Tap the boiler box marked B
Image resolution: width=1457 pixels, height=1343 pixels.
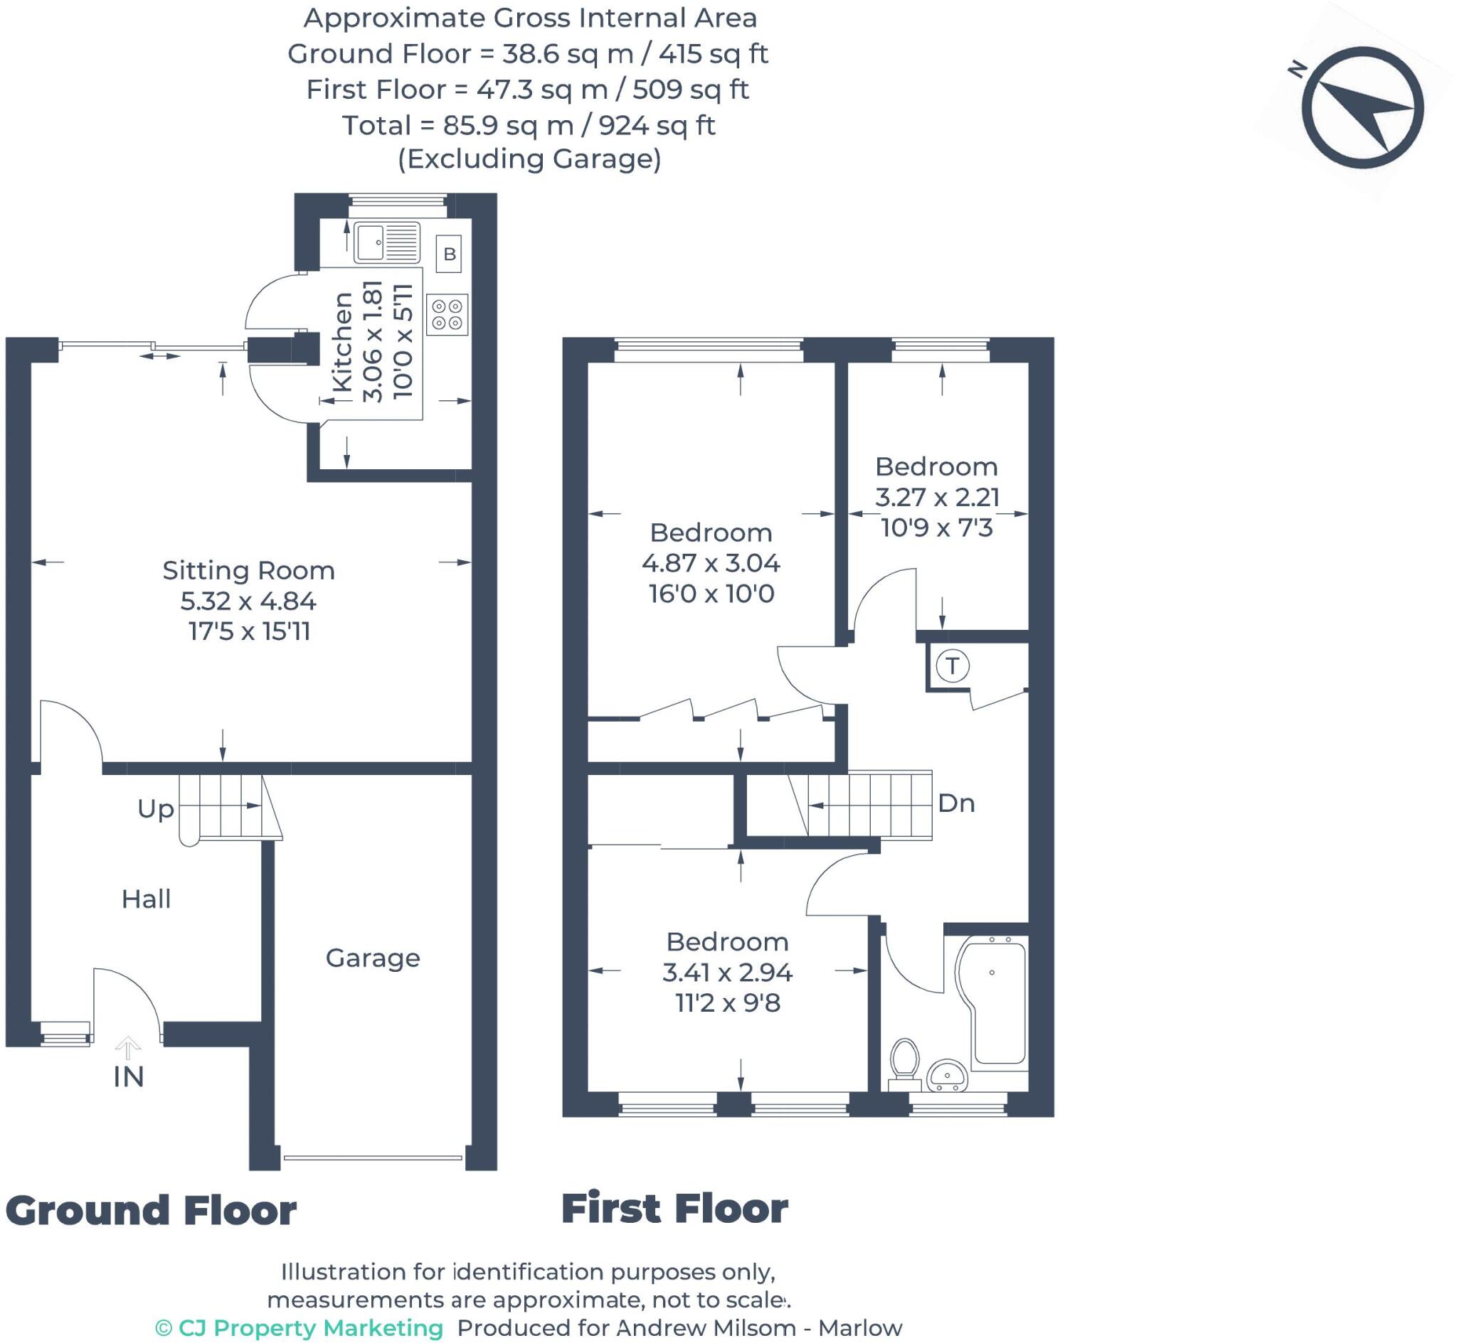tap(450, 254)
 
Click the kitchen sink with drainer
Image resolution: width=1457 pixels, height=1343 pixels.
tap(387, 242)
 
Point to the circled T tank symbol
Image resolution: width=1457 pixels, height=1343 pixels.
tap(952, 665)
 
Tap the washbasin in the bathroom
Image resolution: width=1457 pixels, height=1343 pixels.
tap(947, 1075)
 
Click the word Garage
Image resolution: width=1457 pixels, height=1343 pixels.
tap(372, 958)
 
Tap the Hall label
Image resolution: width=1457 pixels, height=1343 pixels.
tap(146, 899)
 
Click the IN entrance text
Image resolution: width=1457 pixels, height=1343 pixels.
tap(129, 1077)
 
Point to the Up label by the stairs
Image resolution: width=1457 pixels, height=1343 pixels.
tap(156, 808)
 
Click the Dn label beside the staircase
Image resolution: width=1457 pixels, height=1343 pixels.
tap(956, 803)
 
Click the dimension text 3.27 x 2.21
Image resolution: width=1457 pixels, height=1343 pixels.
tap(936, 497)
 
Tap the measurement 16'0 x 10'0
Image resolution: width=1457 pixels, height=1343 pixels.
tap(711, 594)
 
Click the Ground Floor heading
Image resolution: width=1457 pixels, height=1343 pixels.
tap(151, 1211)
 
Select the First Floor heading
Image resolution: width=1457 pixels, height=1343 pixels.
tap(674, 1209)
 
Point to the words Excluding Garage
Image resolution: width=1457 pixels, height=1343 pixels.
tap(529, 159)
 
